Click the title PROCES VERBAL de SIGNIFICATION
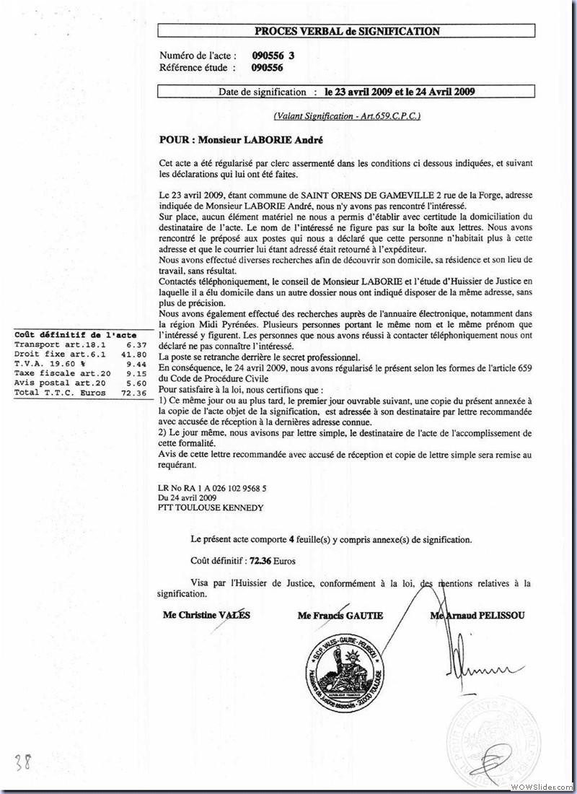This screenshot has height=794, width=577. pyautogui.click(x=347, y=31)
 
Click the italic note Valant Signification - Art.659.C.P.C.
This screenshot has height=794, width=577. pyautogui.click(x=347, y=115)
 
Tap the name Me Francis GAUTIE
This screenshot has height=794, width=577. pyautogui.click(x=340, y=615)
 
